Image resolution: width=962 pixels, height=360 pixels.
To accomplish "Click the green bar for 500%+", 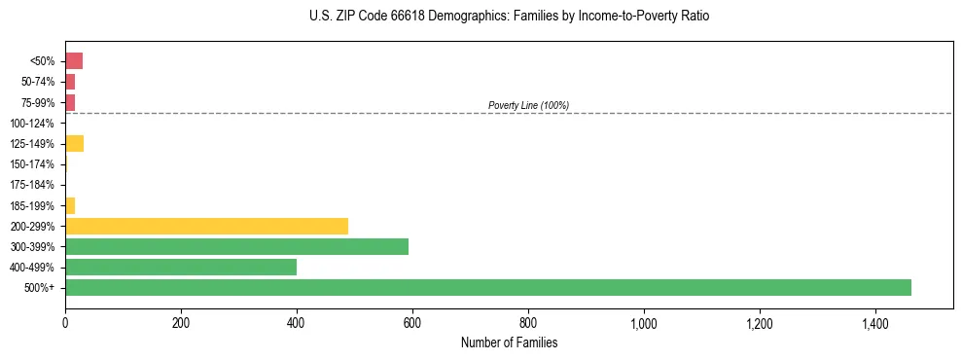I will [487, 288].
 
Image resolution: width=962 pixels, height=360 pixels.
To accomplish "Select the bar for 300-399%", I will [236, 246].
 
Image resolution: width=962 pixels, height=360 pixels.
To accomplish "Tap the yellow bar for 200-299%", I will [206, 226].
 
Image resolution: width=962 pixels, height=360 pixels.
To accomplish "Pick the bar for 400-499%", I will [181, 268].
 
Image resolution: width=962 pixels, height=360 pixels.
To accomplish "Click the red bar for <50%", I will [74, 61].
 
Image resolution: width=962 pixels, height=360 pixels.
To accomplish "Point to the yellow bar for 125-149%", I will [74, 144].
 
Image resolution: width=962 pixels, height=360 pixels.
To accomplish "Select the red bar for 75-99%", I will [70, 102].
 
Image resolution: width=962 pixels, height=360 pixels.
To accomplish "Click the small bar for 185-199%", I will [70, 205].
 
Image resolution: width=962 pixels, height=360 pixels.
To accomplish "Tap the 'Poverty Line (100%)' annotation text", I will [528, 105].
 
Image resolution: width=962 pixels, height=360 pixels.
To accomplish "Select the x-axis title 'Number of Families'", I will [509, 342].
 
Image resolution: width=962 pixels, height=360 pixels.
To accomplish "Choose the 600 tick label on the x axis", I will [412, 324].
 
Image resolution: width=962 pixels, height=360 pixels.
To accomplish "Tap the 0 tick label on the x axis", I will [65, 324].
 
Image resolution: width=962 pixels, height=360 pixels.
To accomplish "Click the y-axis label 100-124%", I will [32, 124].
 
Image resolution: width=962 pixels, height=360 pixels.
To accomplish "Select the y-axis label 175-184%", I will [32, 185].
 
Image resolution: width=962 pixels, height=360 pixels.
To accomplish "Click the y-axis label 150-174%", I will [32, 164].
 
